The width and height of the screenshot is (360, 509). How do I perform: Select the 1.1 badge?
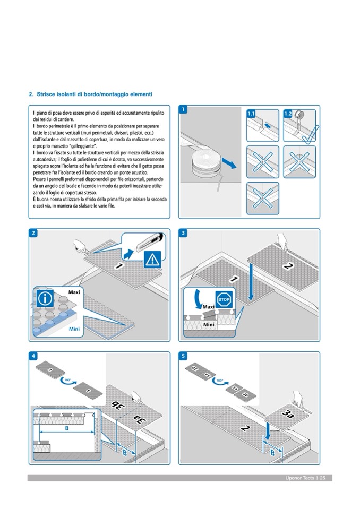(252, 114)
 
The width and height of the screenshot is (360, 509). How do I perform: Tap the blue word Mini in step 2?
(74, 329)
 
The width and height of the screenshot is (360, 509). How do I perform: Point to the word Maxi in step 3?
(208, 307)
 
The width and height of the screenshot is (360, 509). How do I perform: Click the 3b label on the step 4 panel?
(117, 407)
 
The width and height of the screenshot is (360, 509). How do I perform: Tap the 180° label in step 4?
(67, 380)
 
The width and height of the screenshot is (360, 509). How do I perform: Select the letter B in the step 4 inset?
(66, 428)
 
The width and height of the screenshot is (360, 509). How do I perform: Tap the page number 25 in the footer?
(322, 478)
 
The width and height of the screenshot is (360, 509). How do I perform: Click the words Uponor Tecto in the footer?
(299, 478)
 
